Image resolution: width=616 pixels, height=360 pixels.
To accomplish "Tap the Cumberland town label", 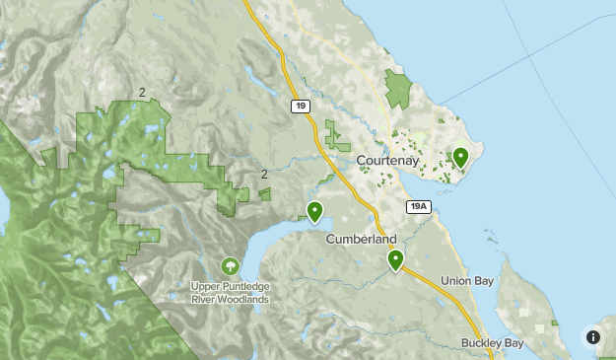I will (x=361, y=240).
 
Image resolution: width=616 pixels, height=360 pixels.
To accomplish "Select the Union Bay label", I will (x=468, y=281).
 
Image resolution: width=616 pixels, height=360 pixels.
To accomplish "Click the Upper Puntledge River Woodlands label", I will (x=230, y=293).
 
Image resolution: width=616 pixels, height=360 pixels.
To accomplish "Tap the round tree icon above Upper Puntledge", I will (x=230, y=265).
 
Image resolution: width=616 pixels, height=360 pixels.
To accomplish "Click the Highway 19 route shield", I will (x=299, y=106).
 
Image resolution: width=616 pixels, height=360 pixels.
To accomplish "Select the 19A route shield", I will (x=419, y=206).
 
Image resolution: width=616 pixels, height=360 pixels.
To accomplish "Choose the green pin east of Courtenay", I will (x=459, y=156).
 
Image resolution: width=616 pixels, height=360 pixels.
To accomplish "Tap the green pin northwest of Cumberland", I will (x=314, y=210).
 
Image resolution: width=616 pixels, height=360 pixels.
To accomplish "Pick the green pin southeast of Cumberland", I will (x=395, y=259).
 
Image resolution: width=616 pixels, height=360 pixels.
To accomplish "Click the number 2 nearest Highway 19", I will (x=264, y=175).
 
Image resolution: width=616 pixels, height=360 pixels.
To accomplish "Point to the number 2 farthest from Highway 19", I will (x=143, y=93).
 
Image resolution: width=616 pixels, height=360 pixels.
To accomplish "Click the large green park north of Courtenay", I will (x=397, y=90).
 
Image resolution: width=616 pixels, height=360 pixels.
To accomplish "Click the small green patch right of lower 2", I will (x=265, y=194).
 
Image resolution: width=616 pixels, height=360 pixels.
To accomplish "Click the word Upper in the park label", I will (x=206, y=287).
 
